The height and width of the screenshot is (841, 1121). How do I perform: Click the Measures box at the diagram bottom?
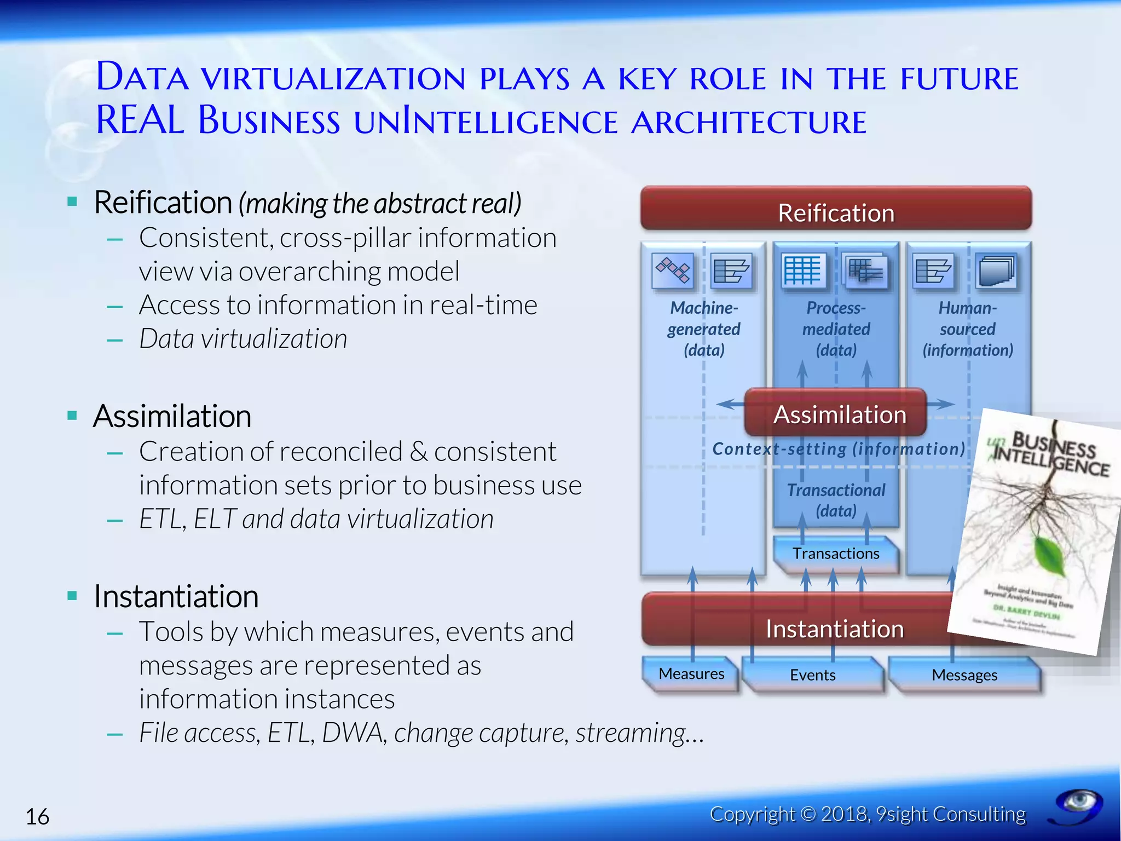point(691,674)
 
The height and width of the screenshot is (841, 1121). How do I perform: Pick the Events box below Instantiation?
point(812,675)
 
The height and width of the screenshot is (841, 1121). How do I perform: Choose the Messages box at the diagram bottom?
point(964,675)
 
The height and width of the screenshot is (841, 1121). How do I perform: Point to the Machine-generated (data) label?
point(703,329)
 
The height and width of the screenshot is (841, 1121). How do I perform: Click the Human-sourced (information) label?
point(968,329)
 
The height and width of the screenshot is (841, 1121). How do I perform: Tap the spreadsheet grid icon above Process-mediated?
point(802,270)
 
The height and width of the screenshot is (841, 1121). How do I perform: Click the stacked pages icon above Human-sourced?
point(997,270)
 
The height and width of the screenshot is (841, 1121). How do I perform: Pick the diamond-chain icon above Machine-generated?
point(673,270)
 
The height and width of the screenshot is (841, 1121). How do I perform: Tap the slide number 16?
point(37,816)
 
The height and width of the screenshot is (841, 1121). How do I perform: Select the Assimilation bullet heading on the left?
point(172,416)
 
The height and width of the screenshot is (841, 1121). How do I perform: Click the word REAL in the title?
point(140,120)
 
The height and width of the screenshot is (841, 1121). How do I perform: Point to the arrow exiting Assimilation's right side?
point(941,405)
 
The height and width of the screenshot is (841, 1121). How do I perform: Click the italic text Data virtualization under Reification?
point(243,339)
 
